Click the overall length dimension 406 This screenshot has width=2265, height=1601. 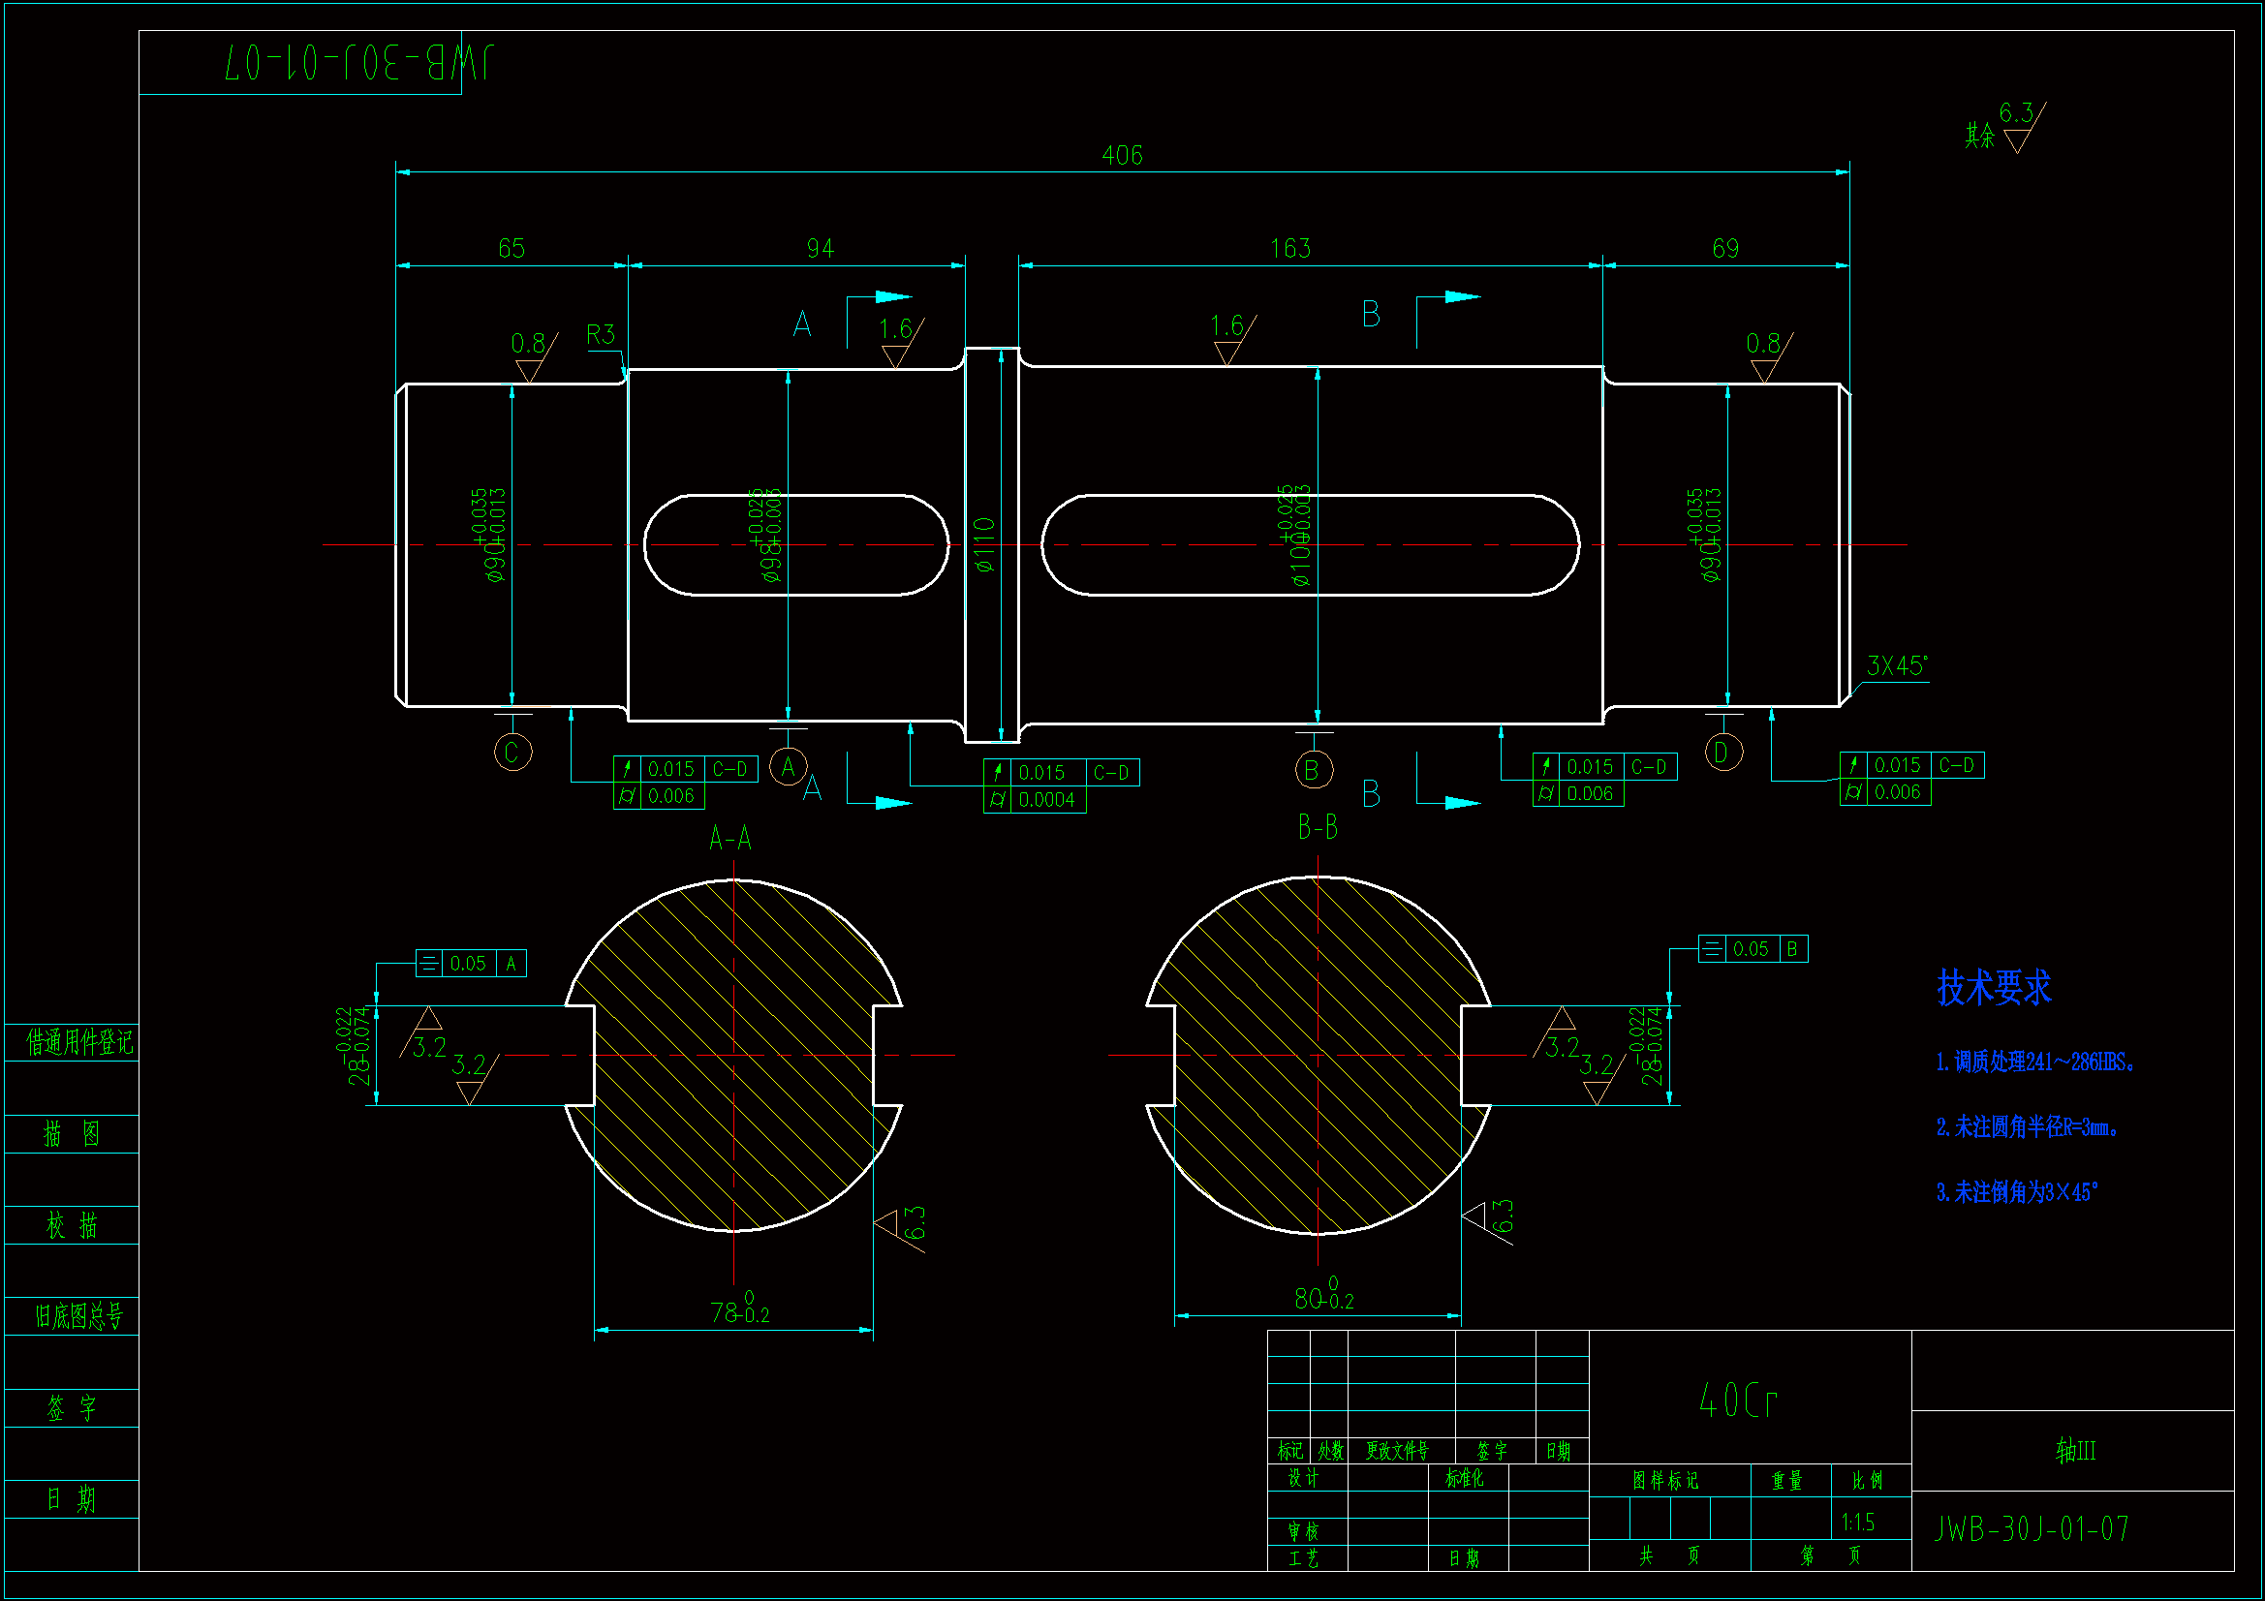click(x=1122, y=155)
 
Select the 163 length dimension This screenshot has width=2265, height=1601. click(x=1289, y=248)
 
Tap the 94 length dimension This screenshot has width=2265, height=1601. click(x=820, y=248)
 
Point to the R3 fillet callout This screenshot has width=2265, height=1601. click(x=600, y=334)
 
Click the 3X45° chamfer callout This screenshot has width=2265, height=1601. click(x=1895, y=665)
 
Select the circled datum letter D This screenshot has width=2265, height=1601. click(x=1723, y=753)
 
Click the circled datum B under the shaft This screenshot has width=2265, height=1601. click(x=1313, y=769)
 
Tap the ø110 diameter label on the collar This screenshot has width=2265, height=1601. click(x=984, y=544)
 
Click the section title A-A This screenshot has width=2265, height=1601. click(x=730, y=839)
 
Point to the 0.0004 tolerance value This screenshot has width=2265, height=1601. click(x=1045, y=800)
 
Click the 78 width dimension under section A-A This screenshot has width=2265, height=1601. click(x=738, y=1312)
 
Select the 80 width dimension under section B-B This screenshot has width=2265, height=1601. click(x=1322, y=1298)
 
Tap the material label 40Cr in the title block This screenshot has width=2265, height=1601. click(x=1738, y=1400)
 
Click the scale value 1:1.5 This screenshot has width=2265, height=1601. click(x=1857, y=1523)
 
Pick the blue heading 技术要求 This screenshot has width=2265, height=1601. click(x=1994, y=988)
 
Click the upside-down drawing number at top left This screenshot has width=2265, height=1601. click(x=359, y=63)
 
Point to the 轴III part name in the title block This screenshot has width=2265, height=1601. click(x=2074, y=1450)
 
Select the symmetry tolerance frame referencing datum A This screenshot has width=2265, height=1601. click(x=471, y=964)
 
